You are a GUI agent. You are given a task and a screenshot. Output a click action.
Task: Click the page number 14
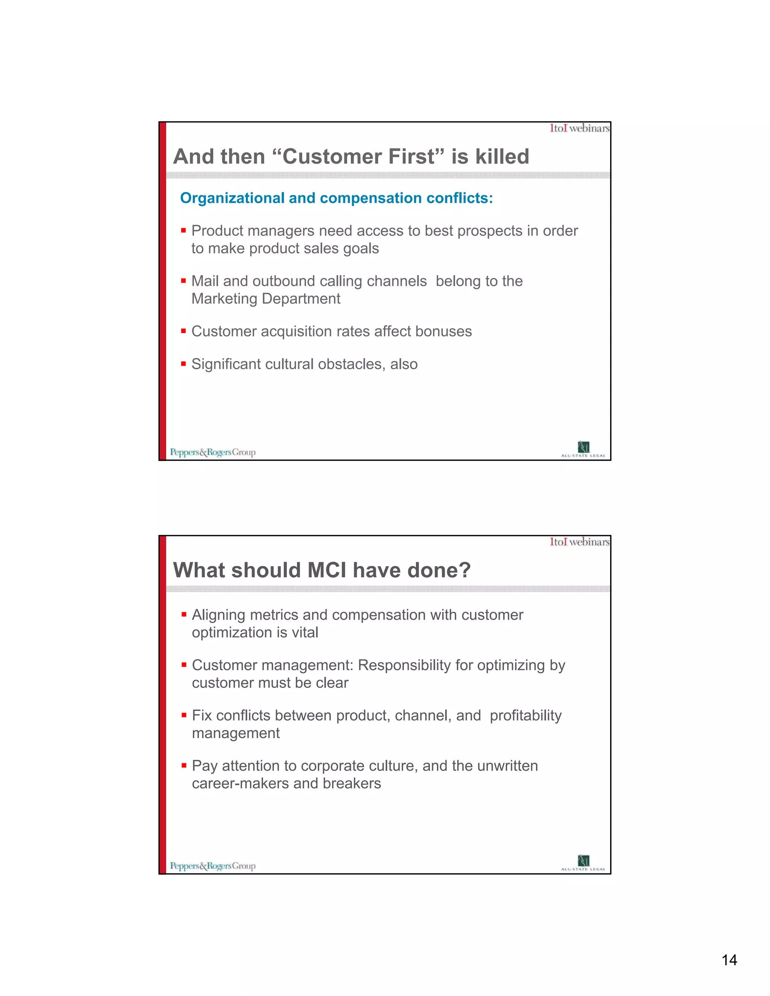click(729, 960)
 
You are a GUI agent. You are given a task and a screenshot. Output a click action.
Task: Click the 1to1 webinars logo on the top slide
click(579, 128)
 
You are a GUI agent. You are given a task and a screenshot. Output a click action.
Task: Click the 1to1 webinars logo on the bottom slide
click(579, 542)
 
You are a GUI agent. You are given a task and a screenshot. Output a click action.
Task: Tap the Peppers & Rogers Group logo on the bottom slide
click(212, 866)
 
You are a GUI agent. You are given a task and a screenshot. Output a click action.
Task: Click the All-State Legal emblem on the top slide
click(584, 448)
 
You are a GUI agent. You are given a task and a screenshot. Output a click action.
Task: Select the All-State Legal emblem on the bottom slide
click(584, 862)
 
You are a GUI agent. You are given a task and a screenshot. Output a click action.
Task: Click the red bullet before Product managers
click(183, 231)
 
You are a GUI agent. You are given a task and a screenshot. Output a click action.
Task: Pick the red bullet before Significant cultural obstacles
click(183, 364)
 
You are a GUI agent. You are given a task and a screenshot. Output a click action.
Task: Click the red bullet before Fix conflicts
click(184, 715)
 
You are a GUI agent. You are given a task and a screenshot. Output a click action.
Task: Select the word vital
click(305, 633)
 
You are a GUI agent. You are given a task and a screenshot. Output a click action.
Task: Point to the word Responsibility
click(404, 665)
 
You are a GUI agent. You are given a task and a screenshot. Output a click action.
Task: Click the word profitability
click(526, 716)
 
